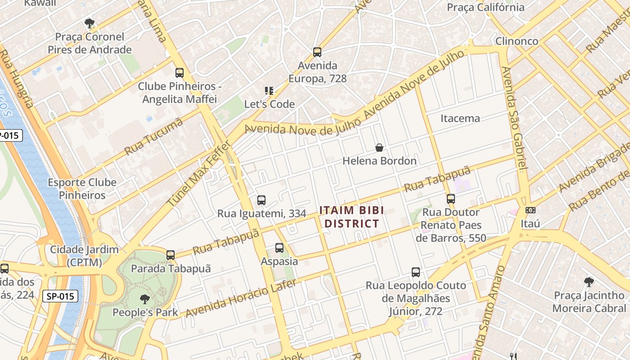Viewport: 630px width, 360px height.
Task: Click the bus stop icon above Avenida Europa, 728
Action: (317, 52)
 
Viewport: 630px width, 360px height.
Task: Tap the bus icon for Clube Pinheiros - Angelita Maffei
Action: (180, 73)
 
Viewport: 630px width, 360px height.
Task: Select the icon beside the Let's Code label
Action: (269, 91)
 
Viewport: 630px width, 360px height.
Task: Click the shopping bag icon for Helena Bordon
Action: (379, 148)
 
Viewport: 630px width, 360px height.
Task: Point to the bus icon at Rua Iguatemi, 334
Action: (261, 200)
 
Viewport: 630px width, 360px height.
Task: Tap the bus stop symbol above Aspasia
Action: (279, 248)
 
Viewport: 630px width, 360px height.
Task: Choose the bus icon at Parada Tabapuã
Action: (171, 255)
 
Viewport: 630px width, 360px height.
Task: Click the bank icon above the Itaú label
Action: (531, 210)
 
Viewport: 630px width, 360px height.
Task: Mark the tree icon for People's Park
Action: (144, 299)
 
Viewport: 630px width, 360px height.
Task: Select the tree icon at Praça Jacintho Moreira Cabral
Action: (589, 282)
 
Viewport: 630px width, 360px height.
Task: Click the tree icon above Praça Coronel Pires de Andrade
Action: (90, 23)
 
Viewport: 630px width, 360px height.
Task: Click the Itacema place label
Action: (460, 118)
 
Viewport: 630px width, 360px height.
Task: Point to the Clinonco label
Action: (517, 41)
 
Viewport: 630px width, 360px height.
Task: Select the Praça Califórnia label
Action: (486, 7)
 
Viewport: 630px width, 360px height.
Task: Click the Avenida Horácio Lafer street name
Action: (241, 298)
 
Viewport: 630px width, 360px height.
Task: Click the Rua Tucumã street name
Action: (154, 136)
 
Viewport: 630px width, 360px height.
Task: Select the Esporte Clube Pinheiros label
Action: (82, 189)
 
